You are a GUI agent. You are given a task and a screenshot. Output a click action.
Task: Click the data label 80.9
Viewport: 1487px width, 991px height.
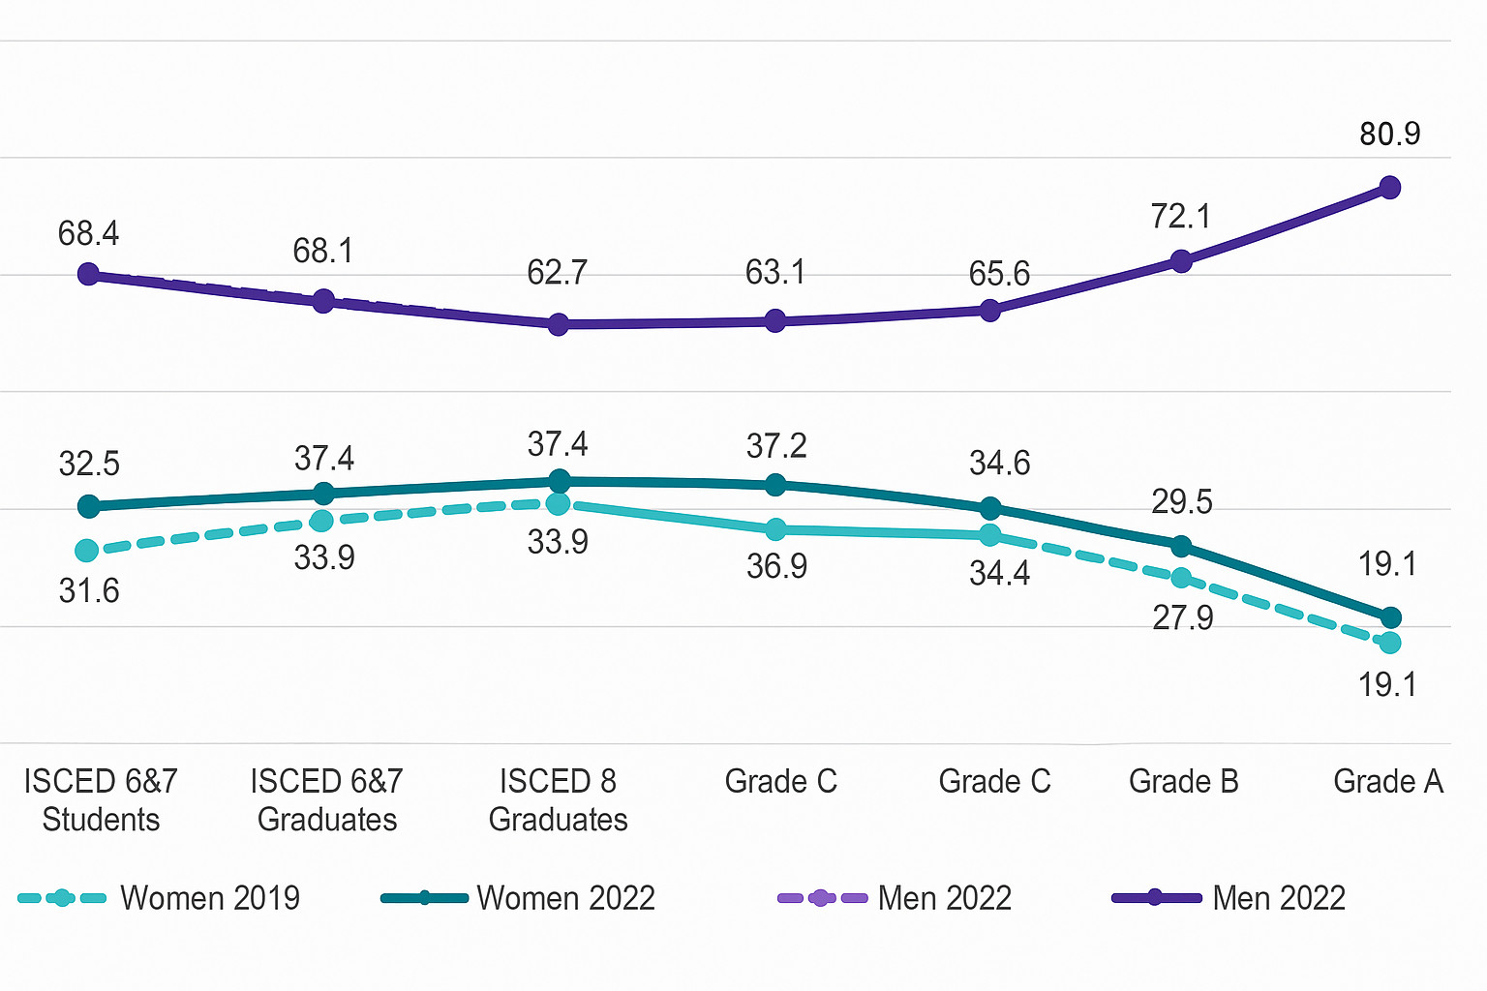point(1389,134)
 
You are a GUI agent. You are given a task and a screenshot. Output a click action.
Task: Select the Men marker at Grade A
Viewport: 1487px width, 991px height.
point(1389,188)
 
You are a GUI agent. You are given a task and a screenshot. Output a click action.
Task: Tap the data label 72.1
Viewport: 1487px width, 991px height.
point(1180,216)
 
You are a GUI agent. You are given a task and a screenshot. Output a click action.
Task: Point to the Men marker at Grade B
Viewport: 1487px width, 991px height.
point(1181,261)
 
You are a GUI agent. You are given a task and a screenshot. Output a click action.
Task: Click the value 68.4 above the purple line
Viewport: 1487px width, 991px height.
point(89,233)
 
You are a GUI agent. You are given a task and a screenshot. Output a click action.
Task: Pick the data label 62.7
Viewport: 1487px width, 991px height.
point(557,273)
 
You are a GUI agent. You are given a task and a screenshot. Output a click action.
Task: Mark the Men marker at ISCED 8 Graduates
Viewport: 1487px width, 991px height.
point(559,324)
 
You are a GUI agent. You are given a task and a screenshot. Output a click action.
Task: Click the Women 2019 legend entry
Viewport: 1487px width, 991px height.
point(160,898)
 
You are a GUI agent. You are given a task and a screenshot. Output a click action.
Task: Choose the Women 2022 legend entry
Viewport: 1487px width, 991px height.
point(519,898)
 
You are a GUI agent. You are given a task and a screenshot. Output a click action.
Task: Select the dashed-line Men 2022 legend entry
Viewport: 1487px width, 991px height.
point(895,898)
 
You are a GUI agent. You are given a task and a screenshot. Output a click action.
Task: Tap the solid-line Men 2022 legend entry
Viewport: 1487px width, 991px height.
point(1229,898)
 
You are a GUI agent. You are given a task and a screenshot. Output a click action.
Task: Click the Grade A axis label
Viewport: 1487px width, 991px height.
point(1387,781)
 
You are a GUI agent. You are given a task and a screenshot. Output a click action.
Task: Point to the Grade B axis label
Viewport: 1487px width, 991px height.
point(1183,781)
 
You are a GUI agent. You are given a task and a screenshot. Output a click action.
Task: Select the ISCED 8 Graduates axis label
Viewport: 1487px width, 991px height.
point(558,800)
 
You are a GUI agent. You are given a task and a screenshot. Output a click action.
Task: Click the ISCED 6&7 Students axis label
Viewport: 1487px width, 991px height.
point(101,800)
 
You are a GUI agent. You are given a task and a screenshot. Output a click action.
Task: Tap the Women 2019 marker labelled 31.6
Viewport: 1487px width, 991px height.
point(87,551)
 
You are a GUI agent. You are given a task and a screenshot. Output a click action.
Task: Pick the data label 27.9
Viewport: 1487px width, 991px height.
point(1182,617)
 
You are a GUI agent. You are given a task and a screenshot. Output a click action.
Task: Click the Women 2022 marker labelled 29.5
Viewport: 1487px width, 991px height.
point(1181,547)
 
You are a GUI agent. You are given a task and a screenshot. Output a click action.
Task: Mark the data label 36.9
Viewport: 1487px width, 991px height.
point(776,566)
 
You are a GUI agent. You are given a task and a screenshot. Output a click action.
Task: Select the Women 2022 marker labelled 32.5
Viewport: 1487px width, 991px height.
point(89,506)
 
